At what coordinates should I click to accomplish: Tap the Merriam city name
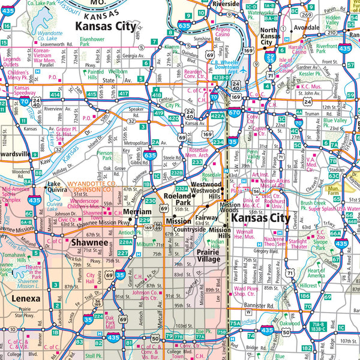tap(138, 212)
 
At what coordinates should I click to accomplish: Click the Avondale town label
tap(306, 28)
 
